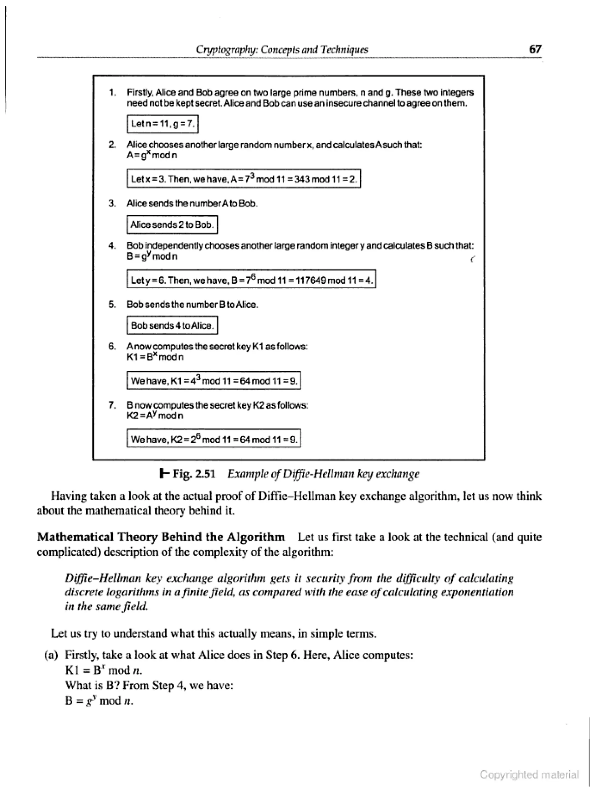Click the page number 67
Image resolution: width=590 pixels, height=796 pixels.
click(x=535, y=49)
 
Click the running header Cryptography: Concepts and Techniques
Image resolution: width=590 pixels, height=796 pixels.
click(x=282, y=49)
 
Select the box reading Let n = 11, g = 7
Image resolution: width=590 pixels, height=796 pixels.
click(x=162, y=124)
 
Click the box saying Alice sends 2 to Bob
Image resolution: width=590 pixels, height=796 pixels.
click(x=172, y=225)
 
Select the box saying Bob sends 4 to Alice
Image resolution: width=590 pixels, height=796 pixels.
click(x=172, y=325)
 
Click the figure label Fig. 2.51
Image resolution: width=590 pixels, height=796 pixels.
click(x=194, y=474)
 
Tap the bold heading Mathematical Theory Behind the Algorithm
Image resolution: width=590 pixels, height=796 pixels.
click(x=161, y=537)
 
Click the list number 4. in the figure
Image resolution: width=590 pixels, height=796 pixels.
click(x=113, y=246)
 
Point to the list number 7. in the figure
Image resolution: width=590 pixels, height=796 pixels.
click(x=113, y=405)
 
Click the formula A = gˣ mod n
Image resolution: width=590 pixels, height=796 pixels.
click(x=152, y=155)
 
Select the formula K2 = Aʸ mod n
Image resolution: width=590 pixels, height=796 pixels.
click(x=155, y=416)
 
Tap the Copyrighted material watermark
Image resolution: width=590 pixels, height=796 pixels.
click(x=529, y=775)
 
